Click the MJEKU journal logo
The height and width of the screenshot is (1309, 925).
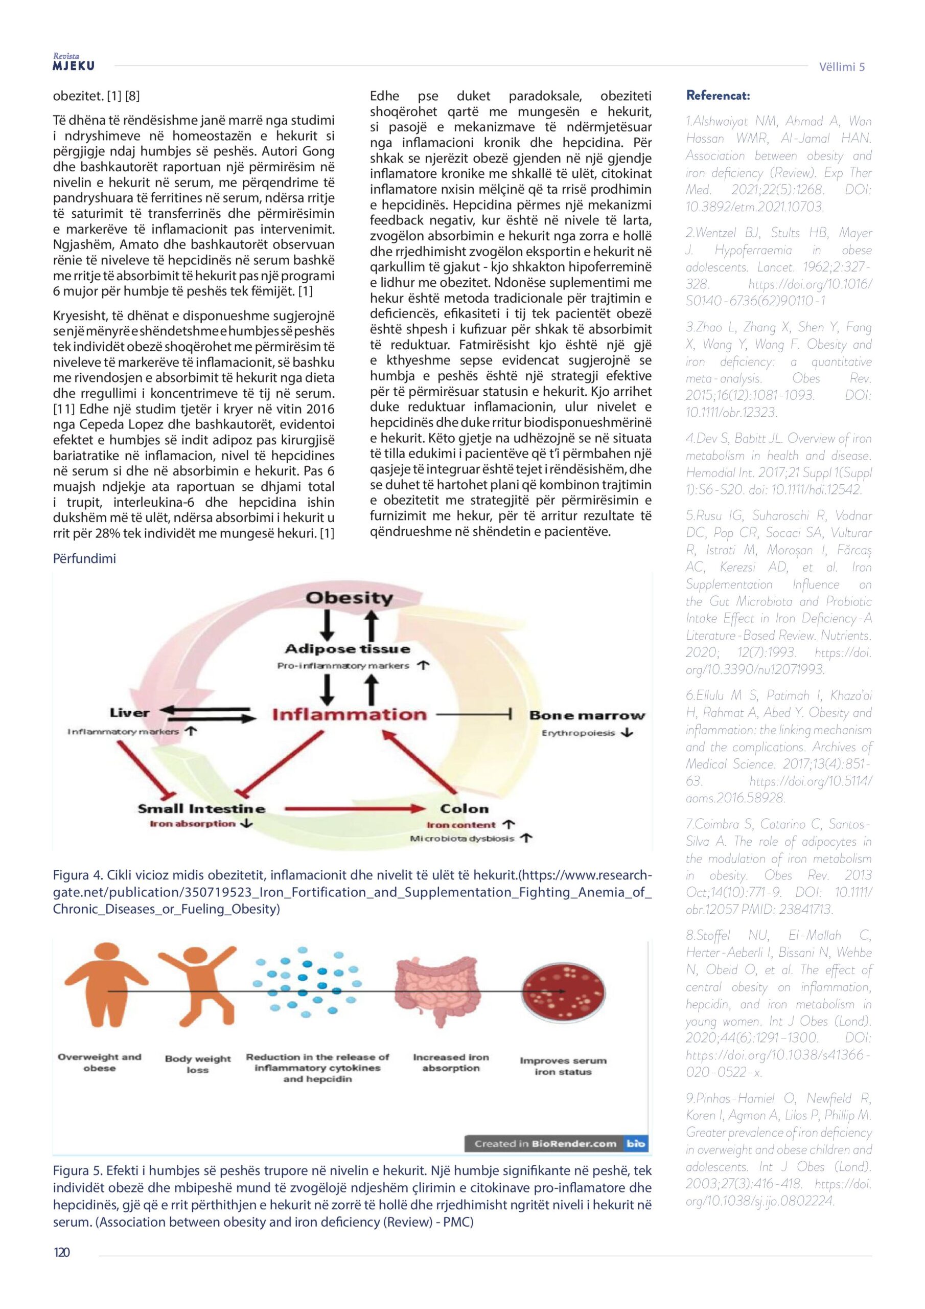(x=74, y=63)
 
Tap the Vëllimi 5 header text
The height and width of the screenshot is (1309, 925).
(x=842, y=66)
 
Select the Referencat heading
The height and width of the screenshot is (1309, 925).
(x=718, y=95)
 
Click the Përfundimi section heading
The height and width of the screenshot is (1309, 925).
(x=84, y=558)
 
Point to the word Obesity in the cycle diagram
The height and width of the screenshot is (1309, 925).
(x=349, y=598)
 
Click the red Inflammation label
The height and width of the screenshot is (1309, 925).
(x=349, y=714)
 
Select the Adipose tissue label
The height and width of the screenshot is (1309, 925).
(x=347, y=649)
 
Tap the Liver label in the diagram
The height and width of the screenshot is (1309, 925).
(x=130, y=713)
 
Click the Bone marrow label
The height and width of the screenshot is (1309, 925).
(x=587, y=715)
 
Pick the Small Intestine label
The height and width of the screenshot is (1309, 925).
(x=201, y=808)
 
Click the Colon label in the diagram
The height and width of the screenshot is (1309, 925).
(x=464, y=808)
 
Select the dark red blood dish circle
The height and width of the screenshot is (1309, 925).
(x=561, y=992)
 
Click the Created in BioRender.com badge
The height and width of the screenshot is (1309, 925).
(x=555, y=1144)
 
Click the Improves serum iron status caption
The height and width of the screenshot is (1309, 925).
(x=563, y=1066)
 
